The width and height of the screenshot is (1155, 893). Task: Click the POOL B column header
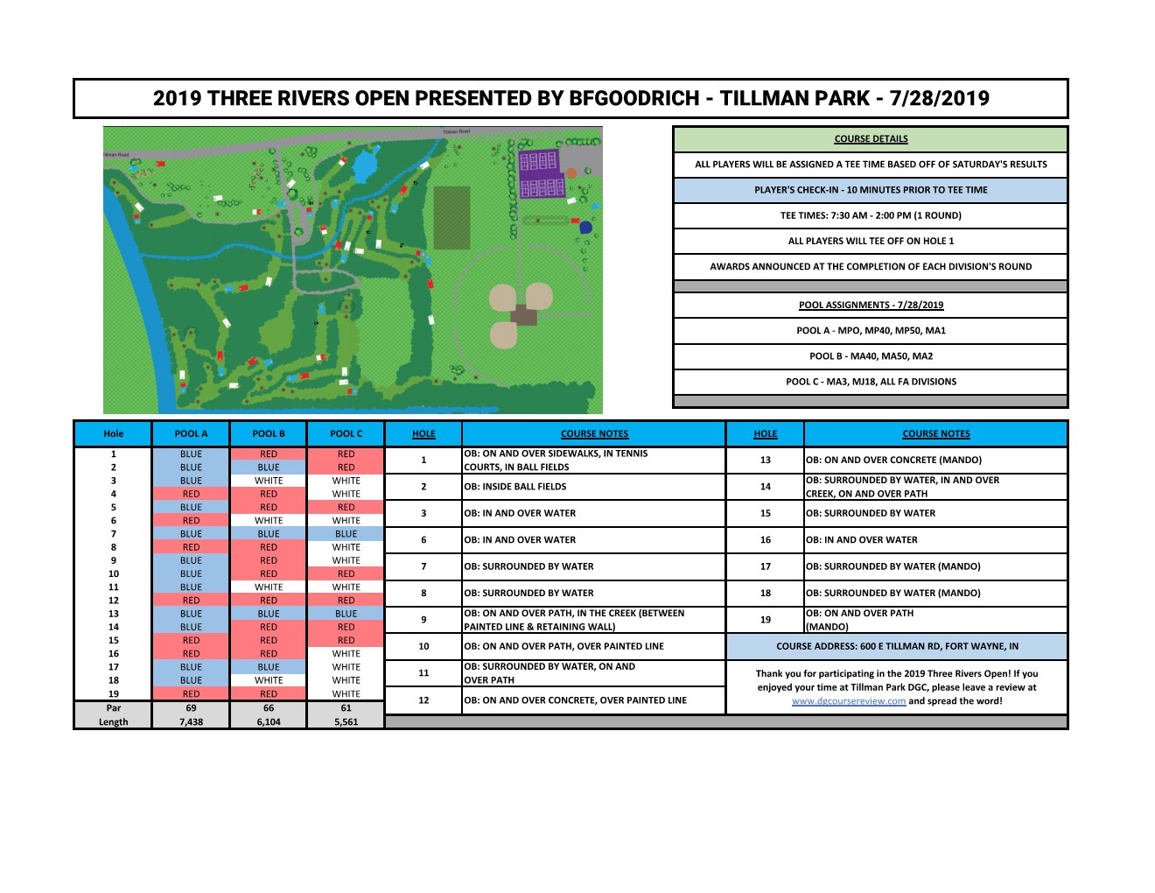point(269,433)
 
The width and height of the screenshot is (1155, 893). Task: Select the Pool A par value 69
point(191,708)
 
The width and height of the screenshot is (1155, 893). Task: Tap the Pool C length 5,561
point(346,722)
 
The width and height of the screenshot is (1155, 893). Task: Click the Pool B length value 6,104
point(269,722)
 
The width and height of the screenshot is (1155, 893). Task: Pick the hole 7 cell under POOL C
point(346,534)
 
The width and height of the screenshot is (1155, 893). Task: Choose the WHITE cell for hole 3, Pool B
point(269,481)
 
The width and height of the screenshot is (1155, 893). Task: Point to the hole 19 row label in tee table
point(114,694)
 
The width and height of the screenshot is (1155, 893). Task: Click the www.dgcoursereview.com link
point(848,701)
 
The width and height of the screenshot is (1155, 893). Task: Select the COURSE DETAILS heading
point(871,139)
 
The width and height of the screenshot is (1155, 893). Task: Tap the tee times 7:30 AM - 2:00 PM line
point(871,215)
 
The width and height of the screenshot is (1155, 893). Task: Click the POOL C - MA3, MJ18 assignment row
point(871,382)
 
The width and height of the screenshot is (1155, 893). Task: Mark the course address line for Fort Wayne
point(897,646)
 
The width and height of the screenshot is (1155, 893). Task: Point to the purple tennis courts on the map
point(542,173)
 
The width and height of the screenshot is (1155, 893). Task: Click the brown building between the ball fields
point(523,314)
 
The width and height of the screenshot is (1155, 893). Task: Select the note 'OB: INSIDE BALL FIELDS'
point(514,487)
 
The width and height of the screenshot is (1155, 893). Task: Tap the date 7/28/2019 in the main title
point(939,99)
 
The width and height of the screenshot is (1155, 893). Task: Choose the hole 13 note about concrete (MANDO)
point(893,460)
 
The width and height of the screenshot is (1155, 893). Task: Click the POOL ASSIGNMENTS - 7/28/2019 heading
point(871,306)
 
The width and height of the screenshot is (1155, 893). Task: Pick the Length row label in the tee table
point(114,722)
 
